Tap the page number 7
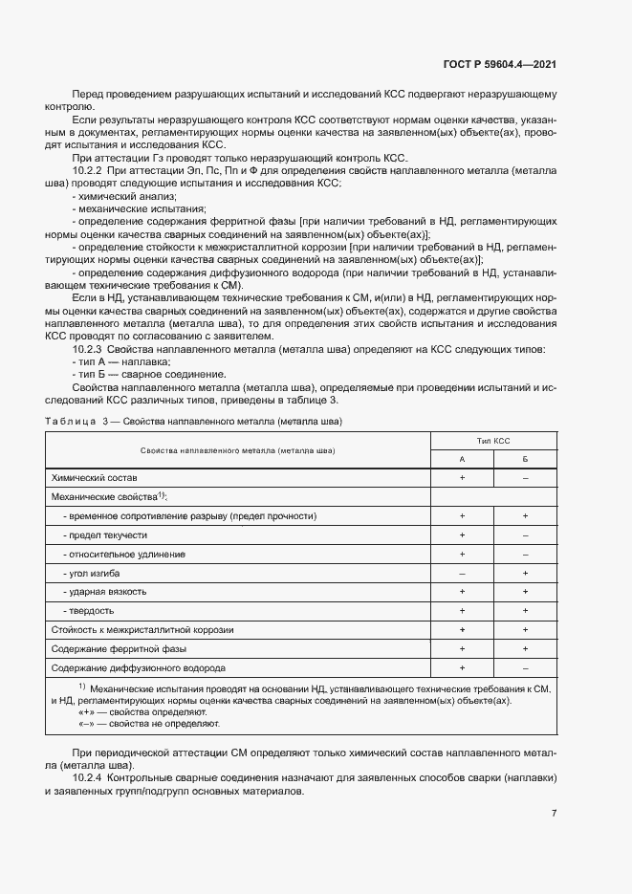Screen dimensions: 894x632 point(554,814)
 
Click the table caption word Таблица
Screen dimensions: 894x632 point(70,422)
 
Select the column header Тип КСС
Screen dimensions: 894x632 point(493,441)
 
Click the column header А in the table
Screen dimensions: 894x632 point(462,459)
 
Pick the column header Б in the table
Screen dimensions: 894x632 point(525,459)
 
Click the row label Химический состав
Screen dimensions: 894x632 point(95,476)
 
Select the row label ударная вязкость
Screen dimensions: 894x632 point(105,592)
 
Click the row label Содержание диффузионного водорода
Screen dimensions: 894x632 point(139,667)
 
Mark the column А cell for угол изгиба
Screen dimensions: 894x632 point(462,573)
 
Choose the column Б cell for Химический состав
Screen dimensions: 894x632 point(525,476)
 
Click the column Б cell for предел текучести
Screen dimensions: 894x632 point(525,534)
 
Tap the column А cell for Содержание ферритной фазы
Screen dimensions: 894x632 point(462,648)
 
